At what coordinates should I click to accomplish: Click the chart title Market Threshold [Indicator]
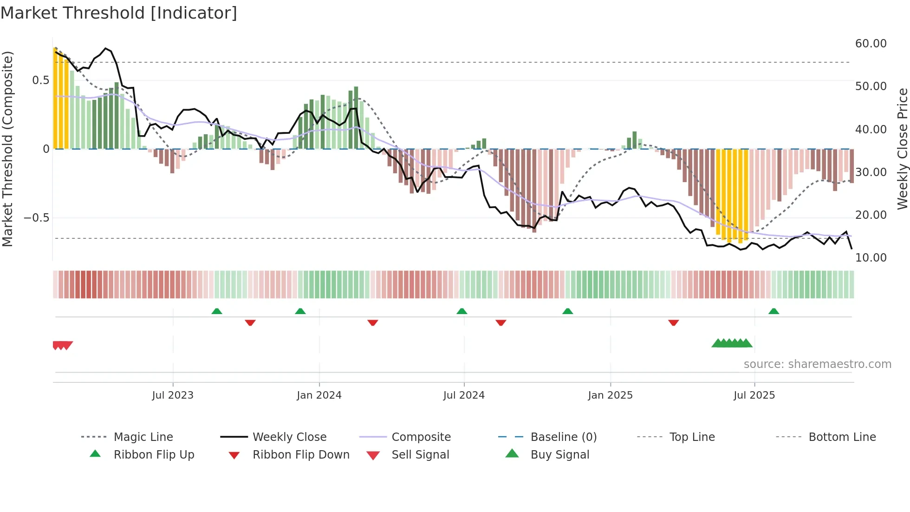(x=119, y=13)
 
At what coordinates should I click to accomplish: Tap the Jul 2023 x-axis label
(x=173, y=395)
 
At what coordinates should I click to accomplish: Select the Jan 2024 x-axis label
(x=319, y=395)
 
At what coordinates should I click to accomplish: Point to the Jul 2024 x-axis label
(x=464, y=395)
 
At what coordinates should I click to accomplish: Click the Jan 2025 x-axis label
(x=610, y=395)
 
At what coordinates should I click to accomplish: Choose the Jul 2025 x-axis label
(x=754, y=395)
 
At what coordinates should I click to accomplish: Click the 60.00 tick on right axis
(x=871, y=44)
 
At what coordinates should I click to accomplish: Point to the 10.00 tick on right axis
(x=871, y=258)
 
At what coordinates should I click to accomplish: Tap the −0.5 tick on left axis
(x=36, y=218)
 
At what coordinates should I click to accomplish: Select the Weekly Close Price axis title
(x=902, y=149)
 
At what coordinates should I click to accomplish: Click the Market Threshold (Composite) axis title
(x=7, y=149)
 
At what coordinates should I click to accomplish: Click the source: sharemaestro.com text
(x=817, y=364)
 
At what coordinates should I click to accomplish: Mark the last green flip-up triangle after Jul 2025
(x=773, y=311)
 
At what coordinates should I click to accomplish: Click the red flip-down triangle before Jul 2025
(x=674, y=322)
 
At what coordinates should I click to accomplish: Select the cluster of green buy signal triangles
(x=732, y=343)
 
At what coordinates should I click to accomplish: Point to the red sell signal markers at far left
(x=62, y=345)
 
